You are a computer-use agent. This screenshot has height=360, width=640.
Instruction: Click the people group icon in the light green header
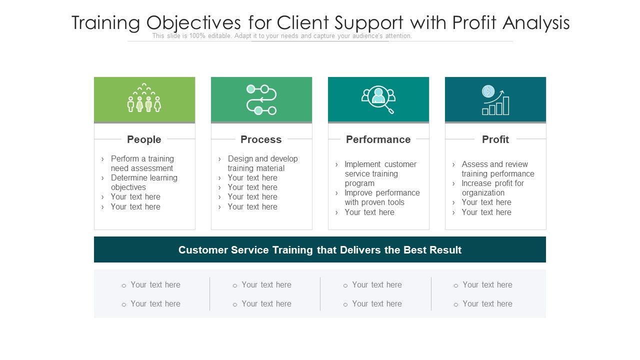[144, 98]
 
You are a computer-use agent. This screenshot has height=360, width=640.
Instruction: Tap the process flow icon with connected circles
[261, 99]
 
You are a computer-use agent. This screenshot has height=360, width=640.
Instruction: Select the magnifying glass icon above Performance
[378, 99]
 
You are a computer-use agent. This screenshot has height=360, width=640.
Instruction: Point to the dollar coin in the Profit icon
[488, 91]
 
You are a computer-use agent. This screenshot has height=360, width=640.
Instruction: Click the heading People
[144, 139]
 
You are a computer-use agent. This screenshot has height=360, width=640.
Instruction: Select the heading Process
[261, 139]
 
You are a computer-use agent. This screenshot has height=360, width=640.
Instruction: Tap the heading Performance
[378, 139]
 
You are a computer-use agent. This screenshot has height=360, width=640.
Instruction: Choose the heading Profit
[495, 139]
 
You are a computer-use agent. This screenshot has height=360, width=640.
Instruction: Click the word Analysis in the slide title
[536, 23]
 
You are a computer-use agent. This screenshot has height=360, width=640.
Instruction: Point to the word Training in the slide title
[106, 23]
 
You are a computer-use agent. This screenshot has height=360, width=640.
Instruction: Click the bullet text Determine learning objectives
[144, 182]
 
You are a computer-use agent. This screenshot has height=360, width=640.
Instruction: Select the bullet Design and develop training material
[262, 163]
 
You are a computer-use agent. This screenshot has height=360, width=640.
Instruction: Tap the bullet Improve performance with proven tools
[382, 197]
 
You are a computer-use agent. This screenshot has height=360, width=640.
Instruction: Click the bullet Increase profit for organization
[492, 188]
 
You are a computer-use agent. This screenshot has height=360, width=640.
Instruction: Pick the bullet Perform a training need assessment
[142, 163]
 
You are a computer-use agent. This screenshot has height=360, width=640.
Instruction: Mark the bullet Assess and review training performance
[497, 169]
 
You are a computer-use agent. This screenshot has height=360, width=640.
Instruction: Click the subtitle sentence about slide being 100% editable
[282, 36]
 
